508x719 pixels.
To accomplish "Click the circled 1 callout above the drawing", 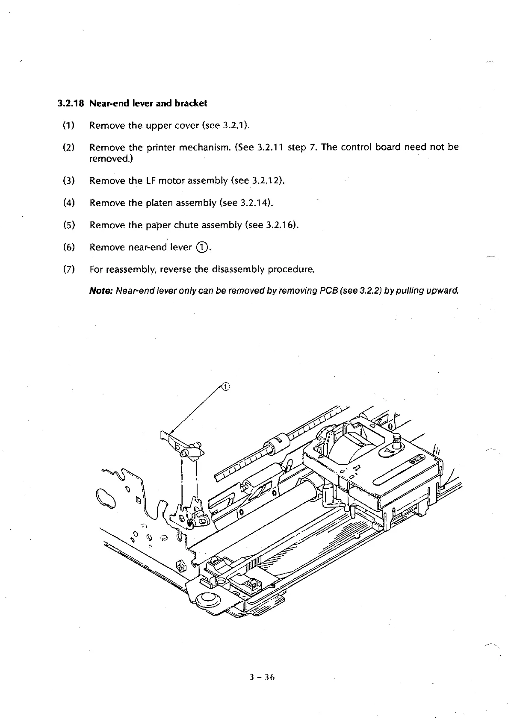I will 226,387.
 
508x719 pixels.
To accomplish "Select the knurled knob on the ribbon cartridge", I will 396,440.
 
